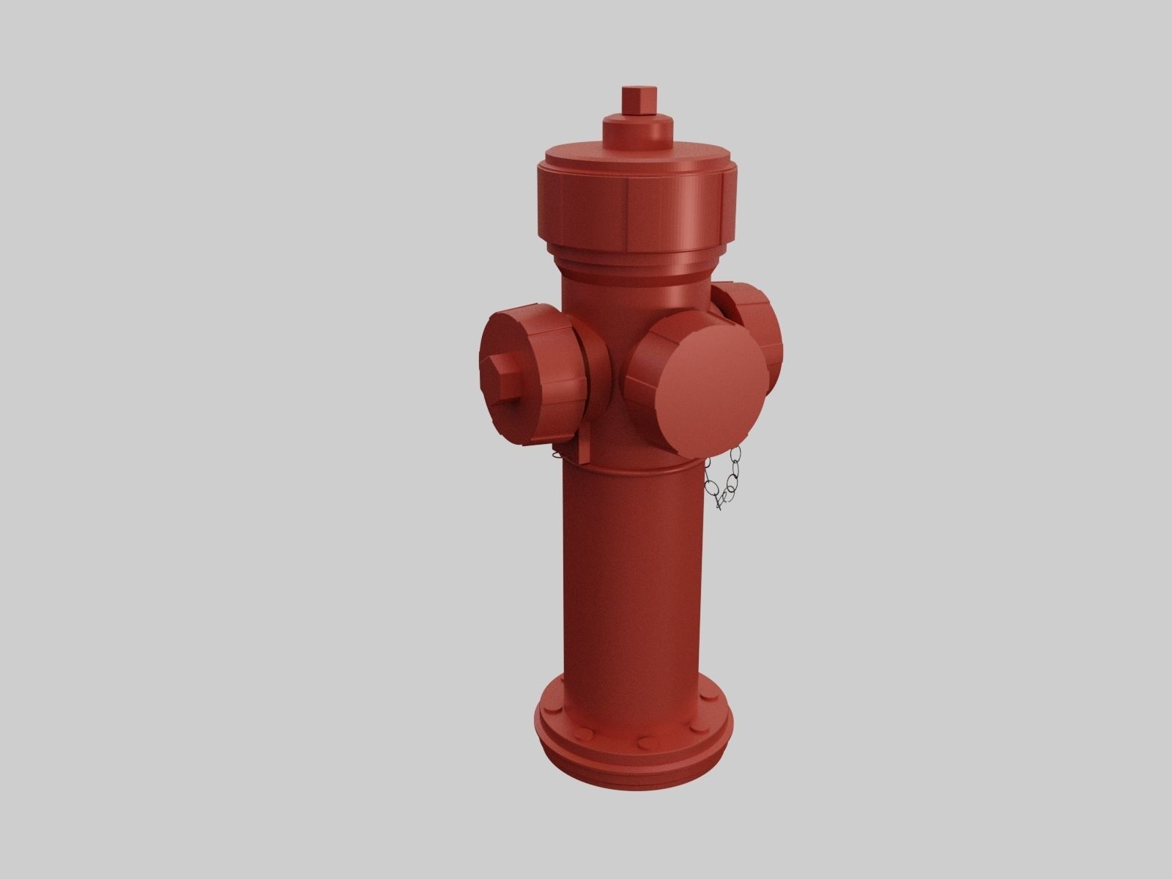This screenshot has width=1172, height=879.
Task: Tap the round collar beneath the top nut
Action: tap(638, 130)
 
